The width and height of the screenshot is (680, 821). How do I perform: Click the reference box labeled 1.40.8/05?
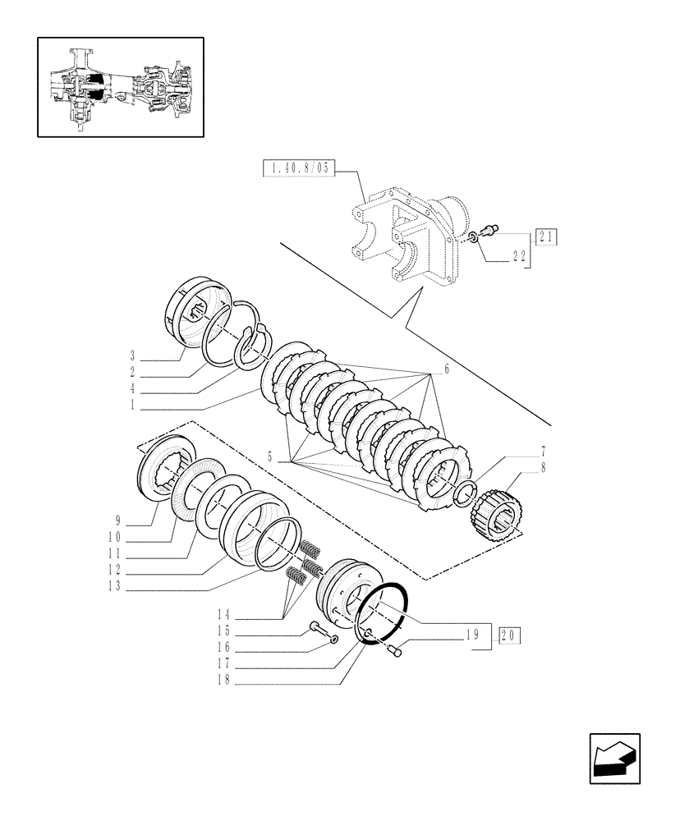298,170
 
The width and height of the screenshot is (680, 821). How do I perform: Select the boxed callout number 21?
546,237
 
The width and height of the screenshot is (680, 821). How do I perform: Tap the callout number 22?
518,256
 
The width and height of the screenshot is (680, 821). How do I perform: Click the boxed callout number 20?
508,635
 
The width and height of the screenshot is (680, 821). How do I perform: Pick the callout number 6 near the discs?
446,370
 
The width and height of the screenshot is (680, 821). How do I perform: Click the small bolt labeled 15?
317,631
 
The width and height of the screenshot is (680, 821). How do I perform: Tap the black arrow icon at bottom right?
614,759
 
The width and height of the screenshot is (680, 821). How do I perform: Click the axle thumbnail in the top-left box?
120,86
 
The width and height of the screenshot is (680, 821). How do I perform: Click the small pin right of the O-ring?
393,651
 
